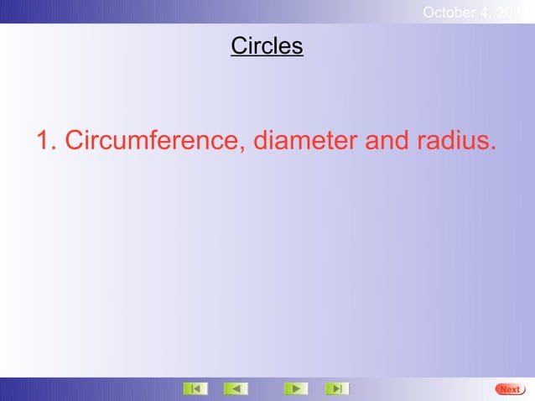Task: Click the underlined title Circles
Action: pos(267,46)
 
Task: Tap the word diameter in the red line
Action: pos(305,142)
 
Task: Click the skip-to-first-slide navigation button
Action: pos(195,388)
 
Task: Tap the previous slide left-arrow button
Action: pos(236,388)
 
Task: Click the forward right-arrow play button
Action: pos(295,388)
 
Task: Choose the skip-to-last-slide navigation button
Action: pos(337,388)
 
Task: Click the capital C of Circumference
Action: pos(75,142)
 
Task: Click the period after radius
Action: pos(491,150)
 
